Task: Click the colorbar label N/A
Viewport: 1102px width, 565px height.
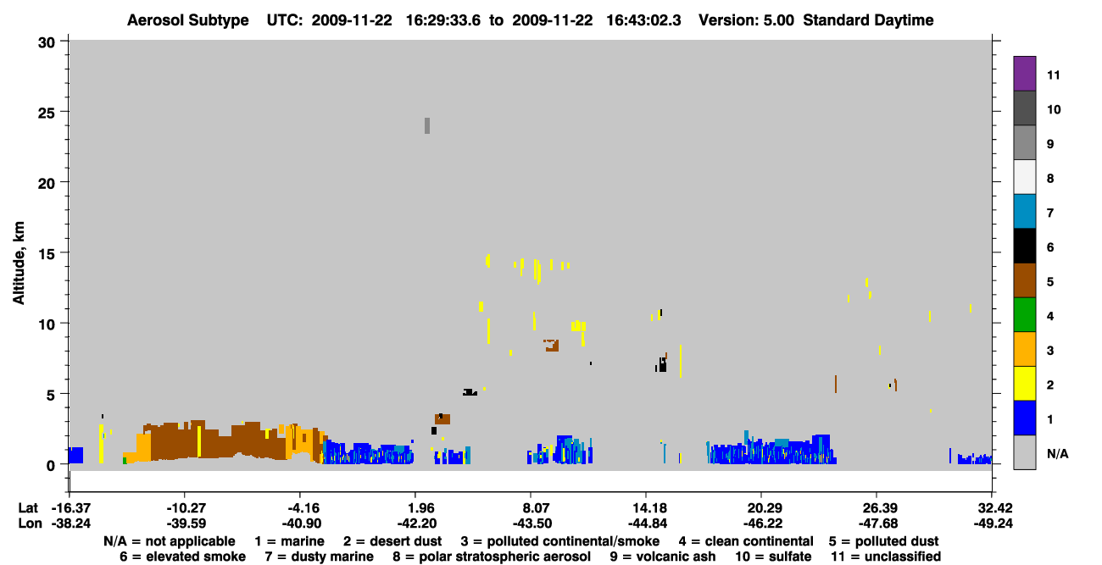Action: click(1057, 453)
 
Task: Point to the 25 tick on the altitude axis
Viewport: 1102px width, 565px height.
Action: click(64, 112)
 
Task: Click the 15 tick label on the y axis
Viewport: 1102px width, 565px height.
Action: click(47, 254)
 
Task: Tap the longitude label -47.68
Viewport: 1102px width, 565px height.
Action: click(877, 523)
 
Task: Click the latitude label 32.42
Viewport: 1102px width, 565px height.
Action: click(993, 507)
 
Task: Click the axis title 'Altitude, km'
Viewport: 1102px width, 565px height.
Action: click(19, 263)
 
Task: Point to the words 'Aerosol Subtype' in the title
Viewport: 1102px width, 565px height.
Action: click(188, 20)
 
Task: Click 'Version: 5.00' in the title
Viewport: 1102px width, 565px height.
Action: click(746, 20)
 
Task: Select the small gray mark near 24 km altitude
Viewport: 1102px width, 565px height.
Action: click(427, 125)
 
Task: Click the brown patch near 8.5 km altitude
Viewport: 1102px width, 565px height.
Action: click(552, 346)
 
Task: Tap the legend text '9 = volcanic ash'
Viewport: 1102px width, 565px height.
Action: click(663, 557)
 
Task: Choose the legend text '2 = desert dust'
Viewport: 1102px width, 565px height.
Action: click(392, 541)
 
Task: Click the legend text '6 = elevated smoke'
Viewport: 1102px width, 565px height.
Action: click(182, 557)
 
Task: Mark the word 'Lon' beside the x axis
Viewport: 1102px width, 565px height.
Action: click(30, 523)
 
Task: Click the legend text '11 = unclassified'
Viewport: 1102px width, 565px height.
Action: click(886, 557)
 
